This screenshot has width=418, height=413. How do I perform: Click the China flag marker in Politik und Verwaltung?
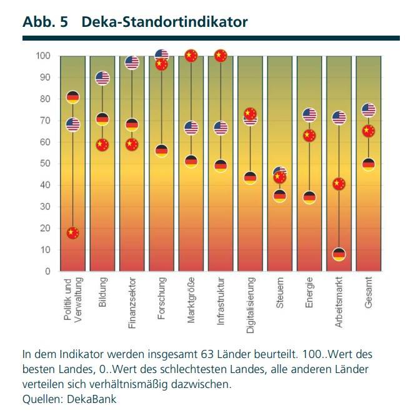[x=73, y=233]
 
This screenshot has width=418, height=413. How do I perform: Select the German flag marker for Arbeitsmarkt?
[x=339, y=254]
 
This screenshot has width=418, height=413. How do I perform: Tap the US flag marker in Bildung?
[x=102, y=77]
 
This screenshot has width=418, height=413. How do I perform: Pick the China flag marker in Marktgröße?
[x=191, y=56]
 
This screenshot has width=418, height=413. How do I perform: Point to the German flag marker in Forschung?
[x=162, y=151]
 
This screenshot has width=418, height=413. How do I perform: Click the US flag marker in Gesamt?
[x=369, y=110]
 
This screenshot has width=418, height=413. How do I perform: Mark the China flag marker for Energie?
[x=309, y=136]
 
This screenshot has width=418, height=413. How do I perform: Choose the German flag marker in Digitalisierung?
[x=251, y=177]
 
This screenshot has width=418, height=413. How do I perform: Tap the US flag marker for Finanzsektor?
[x=132, y=62]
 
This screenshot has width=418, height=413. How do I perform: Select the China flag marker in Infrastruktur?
[x=221, y=56]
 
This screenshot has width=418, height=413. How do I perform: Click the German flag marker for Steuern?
[x=280, y=196]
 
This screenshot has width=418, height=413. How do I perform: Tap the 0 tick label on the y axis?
[x=47, y=271]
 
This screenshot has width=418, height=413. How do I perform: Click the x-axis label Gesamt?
[x=369, y=291]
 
